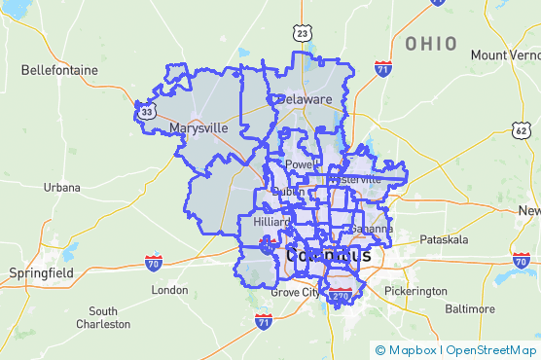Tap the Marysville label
[198, 127]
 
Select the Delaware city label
[305, 99]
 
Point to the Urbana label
[61, 186]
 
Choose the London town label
[169, 290]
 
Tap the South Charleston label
[103, 317]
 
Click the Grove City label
[295, 292]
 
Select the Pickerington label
[415, 291]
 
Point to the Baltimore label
[469, 308]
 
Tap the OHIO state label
[431, 44]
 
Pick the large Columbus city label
[328, 256]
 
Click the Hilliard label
[271, 222]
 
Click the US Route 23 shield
[304, 34]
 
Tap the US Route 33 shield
[146, 113]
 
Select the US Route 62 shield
[522, 130]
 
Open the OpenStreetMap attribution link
[492, 349]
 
